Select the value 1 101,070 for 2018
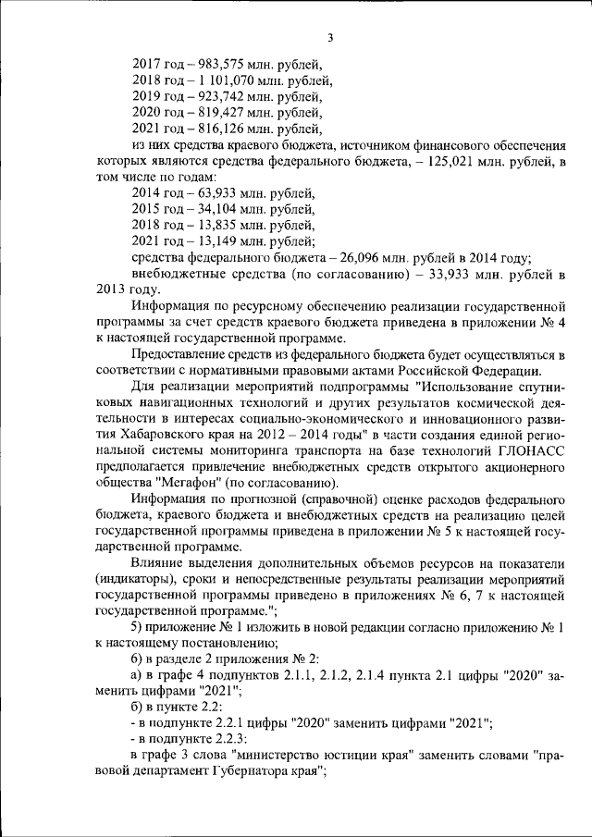coord(228,80)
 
